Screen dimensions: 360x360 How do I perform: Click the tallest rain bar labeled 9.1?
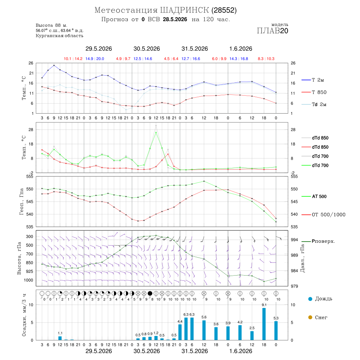click(x=264, y=324)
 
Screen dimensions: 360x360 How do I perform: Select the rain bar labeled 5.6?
click(x=204, y=330)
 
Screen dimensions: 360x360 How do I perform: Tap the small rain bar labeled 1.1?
click(x=60, y=338)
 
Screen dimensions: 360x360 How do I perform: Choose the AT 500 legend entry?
click(x=314, y=196)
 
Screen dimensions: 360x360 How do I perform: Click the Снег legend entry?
click(x=318, y=317)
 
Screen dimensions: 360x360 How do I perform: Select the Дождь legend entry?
click(x=320, y=299)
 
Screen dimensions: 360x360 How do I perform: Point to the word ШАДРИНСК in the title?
click(x=184, y=10)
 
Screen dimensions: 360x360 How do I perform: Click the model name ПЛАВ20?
click(x=272, y=31)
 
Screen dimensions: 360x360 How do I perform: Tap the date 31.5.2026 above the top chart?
click(x=195, y=49)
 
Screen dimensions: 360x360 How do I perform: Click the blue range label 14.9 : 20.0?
click(x=95, y=59)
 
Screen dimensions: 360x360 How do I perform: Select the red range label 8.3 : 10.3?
click(x=266, y=59)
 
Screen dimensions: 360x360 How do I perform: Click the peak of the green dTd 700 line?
click(x=156, y=132)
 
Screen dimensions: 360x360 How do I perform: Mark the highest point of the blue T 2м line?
click(x=54, y=66)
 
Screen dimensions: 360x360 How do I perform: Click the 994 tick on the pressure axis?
click(x=294, y=240)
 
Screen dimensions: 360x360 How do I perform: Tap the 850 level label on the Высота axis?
click(x=29, y=263)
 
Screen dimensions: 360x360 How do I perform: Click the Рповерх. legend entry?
click(x=318, y=241)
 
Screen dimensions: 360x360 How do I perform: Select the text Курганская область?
click(x=60, y=36)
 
